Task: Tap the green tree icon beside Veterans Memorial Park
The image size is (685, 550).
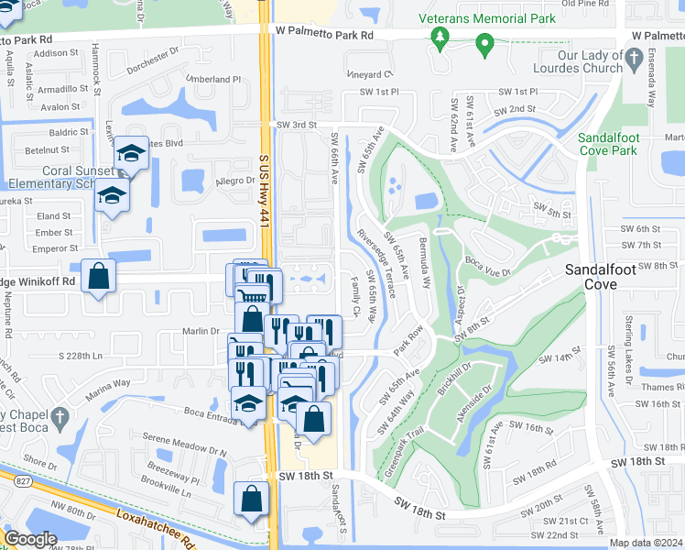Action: tap(441, 37)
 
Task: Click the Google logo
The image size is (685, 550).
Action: tap(30, 539)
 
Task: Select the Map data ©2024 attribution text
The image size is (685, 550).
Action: tap(647, 543)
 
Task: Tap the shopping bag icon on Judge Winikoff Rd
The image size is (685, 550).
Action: tap(99, 277)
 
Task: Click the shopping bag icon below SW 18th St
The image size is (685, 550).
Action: tap(251, 500)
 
